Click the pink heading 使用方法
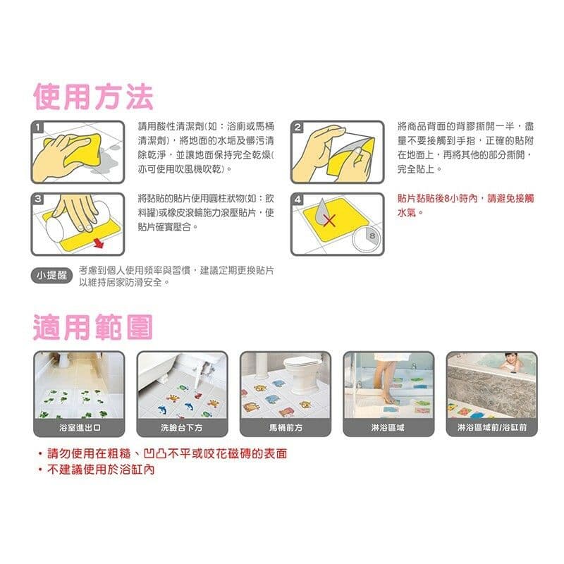[93, 96]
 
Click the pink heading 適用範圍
[93, 327]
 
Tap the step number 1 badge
[38, 128]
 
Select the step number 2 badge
[298, 128]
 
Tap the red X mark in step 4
[329, 221]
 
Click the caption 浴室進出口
[79, 428]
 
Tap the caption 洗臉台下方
[182, 428]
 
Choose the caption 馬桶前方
[285, 428]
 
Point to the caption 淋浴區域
[388, 428]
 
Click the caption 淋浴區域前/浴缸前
[491, 428]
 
